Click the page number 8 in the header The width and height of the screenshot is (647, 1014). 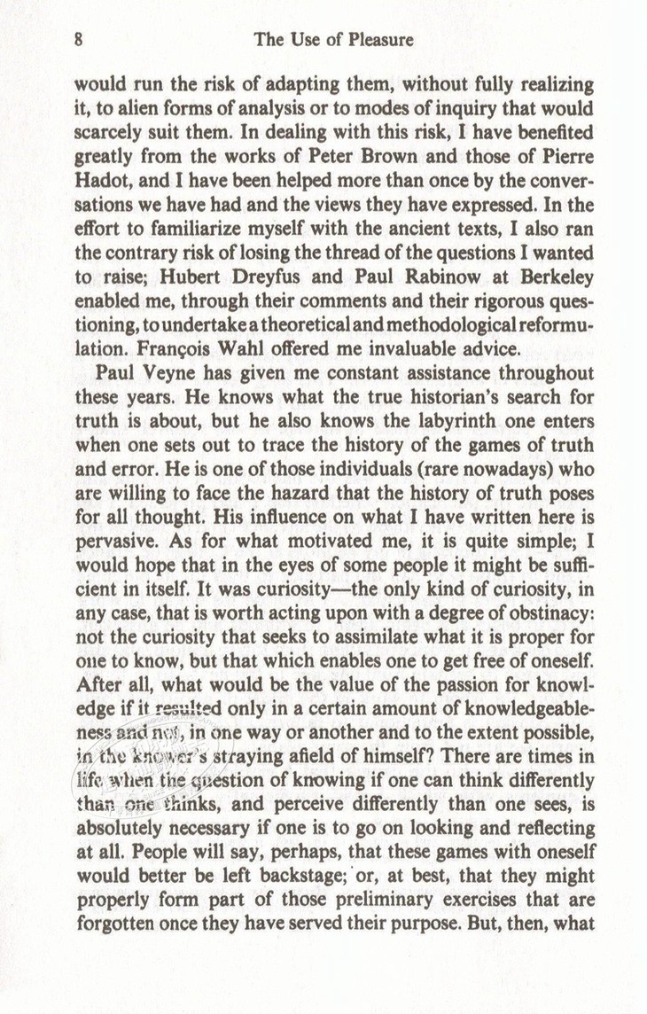80,39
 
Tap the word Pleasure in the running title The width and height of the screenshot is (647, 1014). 378,40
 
